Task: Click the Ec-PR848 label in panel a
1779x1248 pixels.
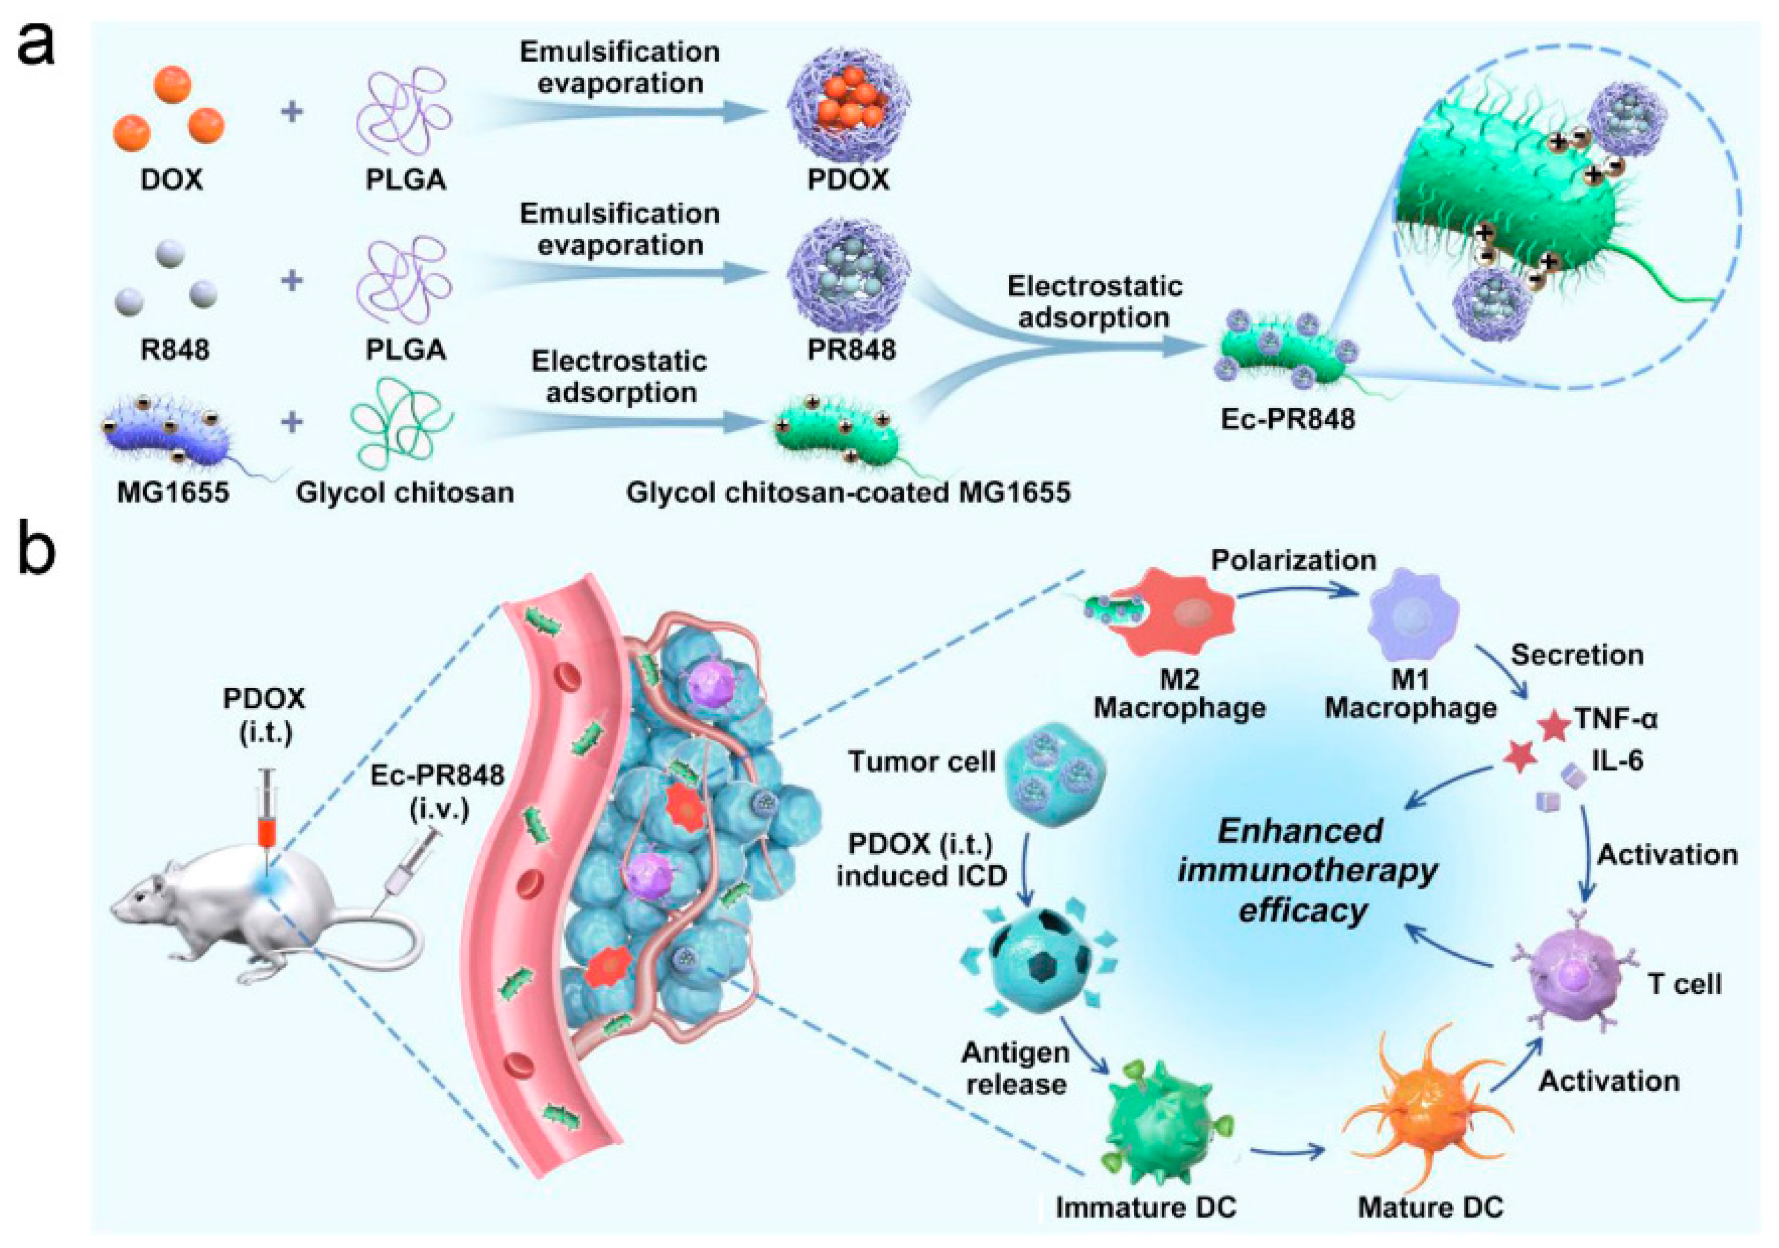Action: [1288, 419]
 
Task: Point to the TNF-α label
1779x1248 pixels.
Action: [1615, 720]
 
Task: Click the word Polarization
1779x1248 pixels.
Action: [1293, 560]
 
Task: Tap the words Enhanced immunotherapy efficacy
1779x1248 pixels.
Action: [1306, 870]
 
